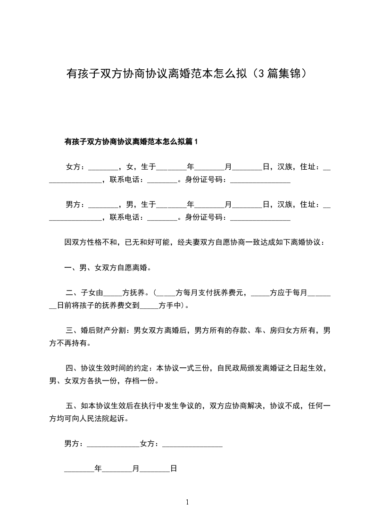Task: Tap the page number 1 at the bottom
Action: (x=187, y=502)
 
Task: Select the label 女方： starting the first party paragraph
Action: (x=75, y=166)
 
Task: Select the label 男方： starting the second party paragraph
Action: (x=75, y=204)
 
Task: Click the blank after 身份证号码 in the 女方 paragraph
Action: (x=260, y=180)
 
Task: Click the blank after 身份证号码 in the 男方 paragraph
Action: (x=260, y=218)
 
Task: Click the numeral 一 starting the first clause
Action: (x=67, y=268)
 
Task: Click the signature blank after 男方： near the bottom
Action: (x=113, y=444)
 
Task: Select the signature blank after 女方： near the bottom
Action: (x=192, y=444)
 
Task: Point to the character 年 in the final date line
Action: (x=98, y=469)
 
